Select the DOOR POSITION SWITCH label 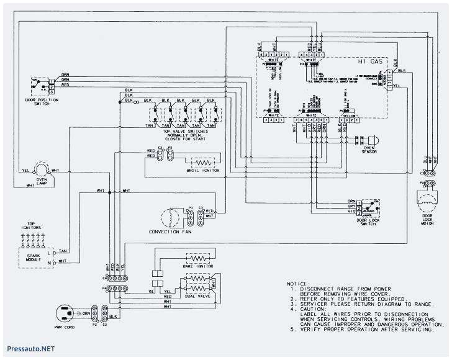pos(38,101)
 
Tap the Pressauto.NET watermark pos(28,349)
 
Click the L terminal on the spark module pos(56,254)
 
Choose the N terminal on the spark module pos(56,264)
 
